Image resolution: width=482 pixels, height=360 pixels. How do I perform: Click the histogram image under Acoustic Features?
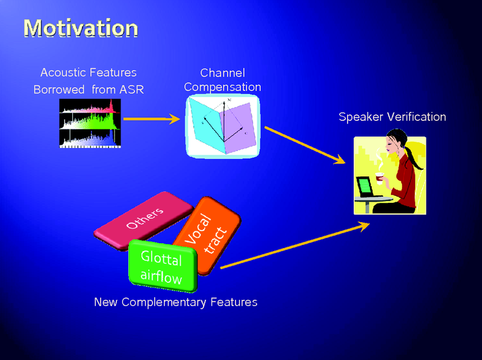[x=90, y=123]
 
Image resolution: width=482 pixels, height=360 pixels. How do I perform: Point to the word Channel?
[x=222, y=73]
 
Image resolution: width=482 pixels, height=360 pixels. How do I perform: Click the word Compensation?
[x=222, y=87]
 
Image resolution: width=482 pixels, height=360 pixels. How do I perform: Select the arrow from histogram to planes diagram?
[x=151, y=119]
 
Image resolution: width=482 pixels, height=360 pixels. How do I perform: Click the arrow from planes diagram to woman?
[x=304, y=144]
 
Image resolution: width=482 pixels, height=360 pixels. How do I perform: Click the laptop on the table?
[x=365, y=187]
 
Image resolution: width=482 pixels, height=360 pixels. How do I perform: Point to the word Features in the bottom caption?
[x=234, y=302]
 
